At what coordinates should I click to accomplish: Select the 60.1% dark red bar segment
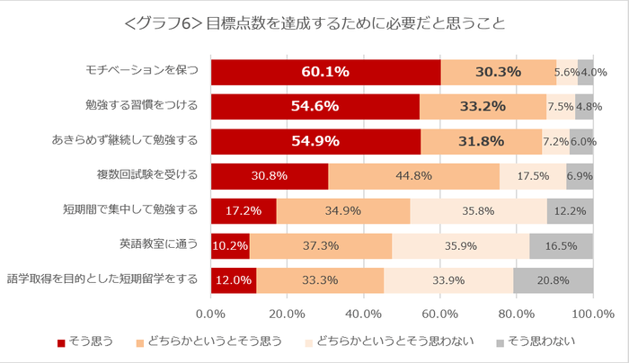coord(325,72)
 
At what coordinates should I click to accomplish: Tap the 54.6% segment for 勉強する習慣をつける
coord(314,106)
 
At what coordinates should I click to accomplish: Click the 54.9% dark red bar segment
coord(315,141)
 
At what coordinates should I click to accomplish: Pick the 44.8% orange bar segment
coord(413,175)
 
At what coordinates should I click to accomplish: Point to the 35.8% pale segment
coord(478,210)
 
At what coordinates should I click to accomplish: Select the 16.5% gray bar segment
coord(561,244)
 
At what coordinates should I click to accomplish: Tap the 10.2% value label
coord(230,244)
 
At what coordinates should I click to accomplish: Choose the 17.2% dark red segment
coord(244,210)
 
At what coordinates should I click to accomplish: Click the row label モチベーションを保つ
coord(141,72)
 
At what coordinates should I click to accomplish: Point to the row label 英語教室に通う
coord(158,244)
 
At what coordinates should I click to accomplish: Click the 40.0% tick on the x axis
coord(364,314)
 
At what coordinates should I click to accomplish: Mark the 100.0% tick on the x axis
coord(592,314)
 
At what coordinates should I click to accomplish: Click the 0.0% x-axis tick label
coord(210,314)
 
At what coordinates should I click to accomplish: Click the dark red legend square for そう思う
coord(61,342)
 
